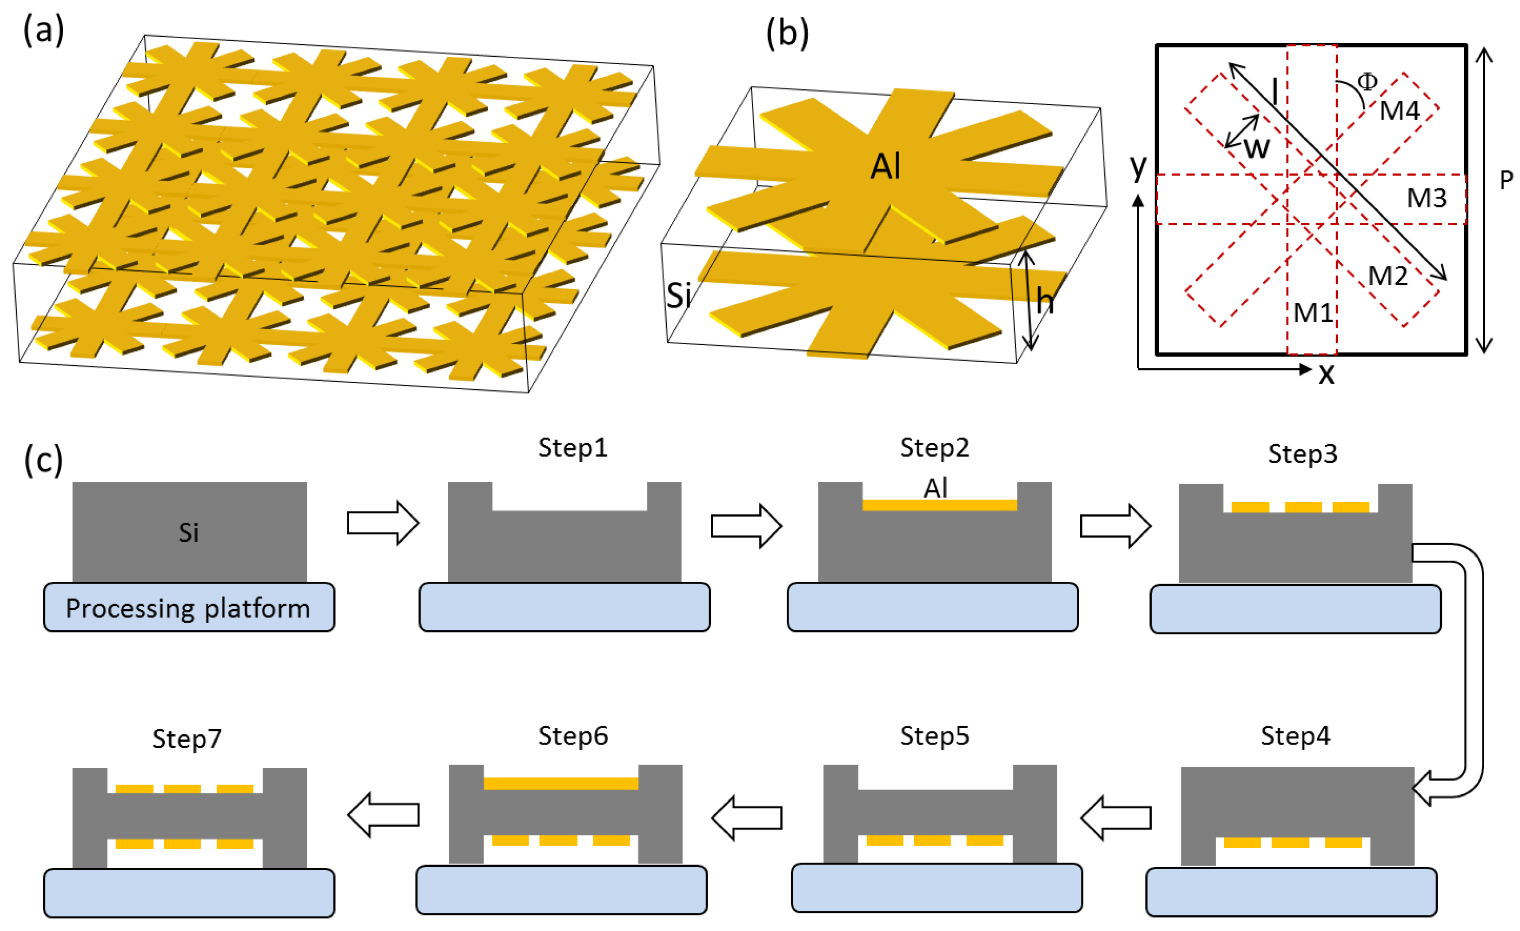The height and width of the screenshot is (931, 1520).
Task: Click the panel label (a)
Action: coord(43,31)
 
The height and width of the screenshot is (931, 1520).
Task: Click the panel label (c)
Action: coord(43,459)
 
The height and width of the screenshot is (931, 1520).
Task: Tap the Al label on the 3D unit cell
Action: coord(886,166)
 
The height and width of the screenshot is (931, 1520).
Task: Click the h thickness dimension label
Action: coord(1045,301)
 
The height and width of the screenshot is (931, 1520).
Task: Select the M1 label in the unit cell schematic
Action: coord(1313,313)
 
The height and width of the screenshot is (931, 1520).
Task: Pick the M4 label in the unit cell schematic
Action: coord(1399,111)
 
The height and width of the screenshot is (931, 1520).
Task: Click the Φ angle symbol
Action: coord(1367,81)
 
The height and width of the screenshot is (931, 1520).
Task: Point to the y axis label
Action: coord(1138,166)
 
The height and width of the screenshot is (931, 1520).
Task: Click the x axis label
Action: coord(1326,374)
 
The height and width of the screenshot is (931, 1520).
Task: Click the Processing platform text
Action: coord(188,608)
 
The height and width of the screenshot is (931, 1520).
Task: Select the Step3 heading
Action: coord(1303,454)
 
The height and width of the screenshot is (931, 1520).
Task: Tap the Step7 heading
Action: coord(187,738)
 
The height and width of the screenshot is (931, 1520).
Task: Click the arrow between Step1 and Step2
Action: coord(746,525)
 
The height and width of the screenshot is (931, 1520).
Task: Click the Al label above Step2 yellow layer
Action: coord(935,489)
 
